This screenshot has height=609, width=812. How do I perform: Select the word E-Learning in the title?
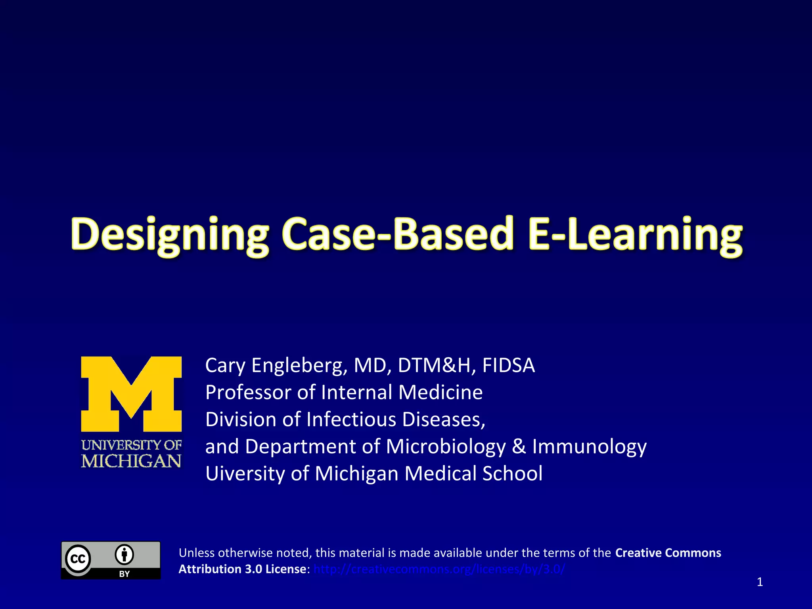(635, 235)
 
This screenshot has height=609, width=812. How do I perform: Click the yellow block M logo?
(131, 394)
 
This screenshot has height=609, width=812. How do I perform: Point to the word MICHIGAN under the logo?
(131, 461)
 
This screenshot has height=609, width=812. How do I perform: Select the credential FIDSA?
(508, 365)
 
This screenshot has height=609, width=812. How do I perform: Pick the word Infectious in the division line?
(351, 419)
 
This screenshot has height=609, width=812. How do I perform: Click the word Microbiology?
(446, 446)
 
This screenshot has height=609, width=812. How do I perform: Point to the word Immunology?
(589, 446)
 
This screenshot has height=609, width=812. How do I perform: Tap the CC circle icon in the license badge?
(78, 559)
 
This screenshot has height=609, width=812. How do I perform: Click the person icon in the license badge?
(124, 555)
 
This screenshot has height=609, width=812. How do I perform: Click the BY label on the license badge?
(124, 574)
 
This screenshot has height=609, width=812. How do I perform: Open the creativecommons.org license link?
(439, 569)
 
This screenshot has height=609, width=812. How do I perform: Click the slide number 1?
(760, 582)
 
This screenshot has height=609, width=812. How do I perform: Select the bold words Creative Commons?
(668, 553)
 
